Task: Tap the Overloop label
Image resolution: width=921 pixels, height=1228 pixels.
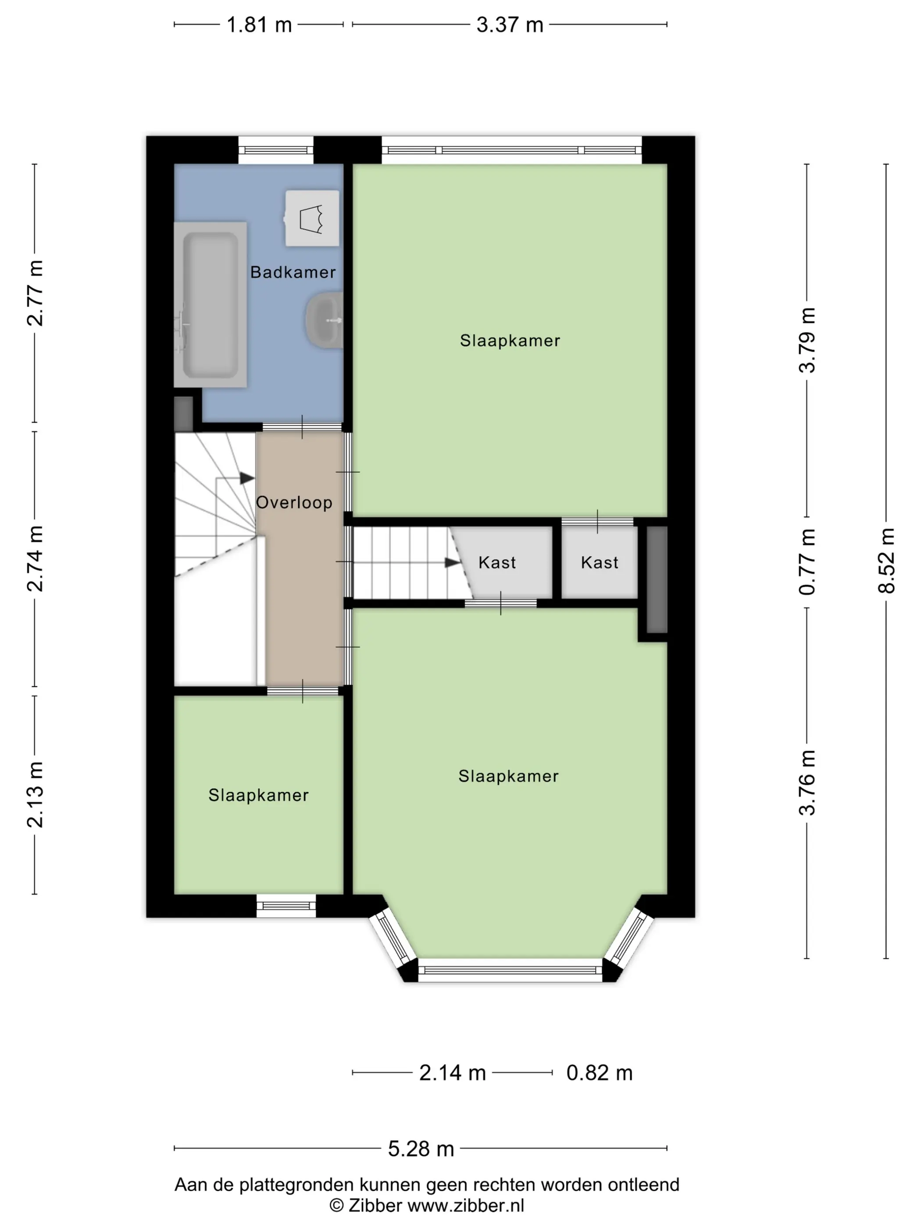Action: [294, 503]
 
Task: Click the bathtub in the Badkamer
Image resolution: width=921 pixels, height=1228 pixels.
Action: [211, 305]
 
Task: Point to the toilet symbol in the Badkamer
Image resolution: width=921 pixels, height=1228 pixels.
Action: [312, 218]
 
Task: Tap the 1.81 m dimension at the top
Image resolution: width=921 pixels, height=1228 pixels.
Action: [259, 25]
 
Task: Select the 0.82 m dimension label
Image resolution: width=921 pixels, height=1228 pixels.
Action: [600, 1073]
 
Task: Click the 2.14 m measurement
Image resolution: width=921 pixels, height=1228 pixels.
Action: [453, 1073]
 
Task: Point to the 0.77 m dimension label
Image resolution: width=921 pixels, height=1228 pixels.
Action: [807, 562]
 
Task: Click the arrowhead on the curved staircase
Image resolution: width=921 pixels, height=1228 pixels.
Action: [247, 478]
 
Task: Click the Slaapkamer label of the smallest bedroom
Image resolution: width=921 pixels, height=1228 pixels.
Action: [258, 795]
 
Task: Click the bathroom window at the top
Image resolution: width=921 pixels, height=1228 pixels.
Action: [276, 150]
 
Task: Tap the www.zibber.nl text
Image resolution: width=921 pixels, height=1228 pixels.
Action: [466, 1205]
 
